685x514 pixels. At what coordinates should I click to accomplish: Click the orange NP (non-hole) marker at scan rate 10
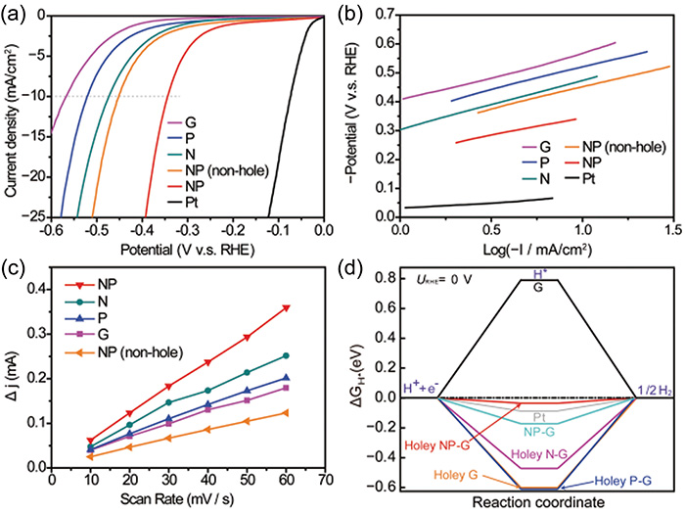point(90,456)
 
